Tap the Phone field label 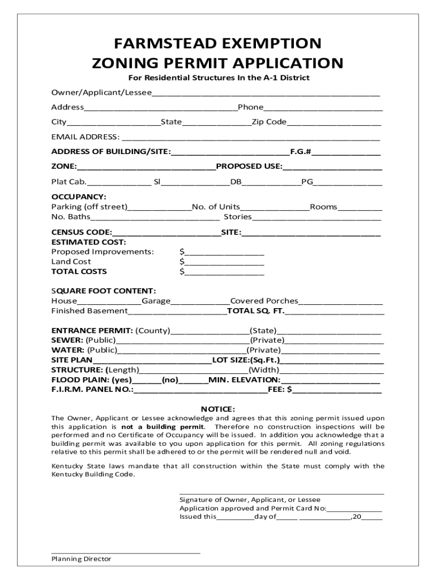[x=250, y=107]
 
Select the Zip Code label [x=269, y=122]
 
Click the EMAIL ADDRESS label [x=85, y=137]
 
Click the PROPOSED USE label [x=249, y=166]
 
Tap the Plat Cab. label [x=69, y=181]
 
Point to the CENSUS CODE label [x=82, y=232]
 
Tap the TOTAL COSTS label [x=79, y=271]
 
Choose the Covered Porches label [x=264, y=301]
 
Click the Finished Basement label [x=89, y=311]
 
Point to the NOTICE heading [x=218, y=409]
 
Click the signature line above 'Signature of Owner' [x=281, y=493]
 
